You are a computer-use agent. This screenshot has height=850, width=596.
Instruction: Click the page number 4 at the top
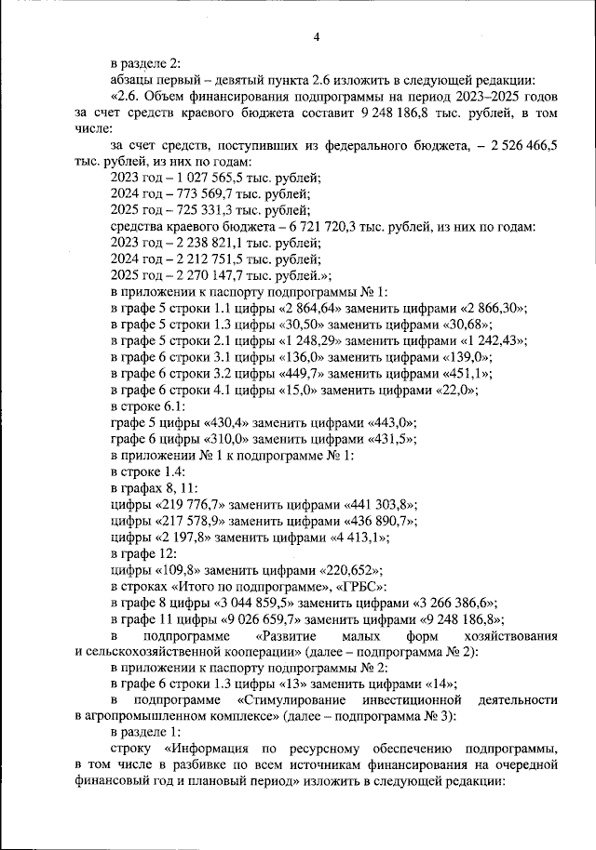pyautogui.click(x=317, y=36)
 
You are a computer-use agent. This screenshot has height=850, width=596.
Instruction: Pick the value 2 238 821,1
pyautogui.click(x=208, y=242)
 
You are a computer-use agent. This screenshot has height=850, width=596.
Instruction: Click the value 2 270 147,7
pyautogui.click(x=208, y=274)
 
